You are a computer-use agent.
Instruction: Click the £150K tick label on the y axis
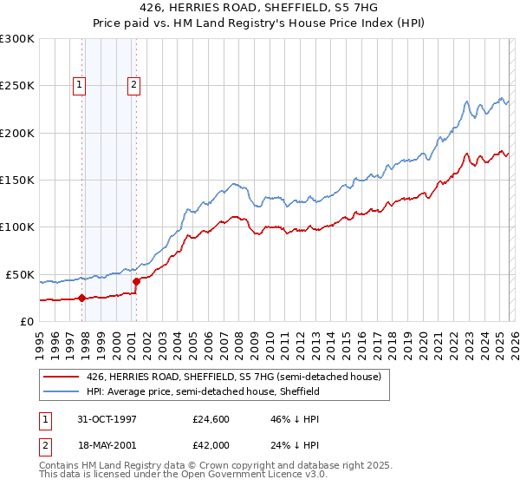point(16,181)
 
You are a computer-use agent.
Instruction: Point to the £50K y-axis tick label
point(19,274)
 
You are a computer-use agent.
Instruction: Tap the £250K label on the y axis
point(16,86)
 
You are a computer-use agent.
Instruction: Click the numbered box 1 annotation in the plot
point(79,85)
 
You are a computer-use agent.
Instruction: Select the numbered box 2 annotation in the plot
point(134,85)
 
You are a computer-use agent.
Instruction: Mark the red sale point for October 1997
point(82,298)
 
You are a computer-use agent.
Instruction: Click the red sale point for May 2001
point(136,281)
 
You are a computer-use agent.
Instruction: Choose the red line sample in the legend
point(61,377)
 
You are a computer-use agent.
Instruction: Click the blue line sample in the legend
point(61,392)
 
